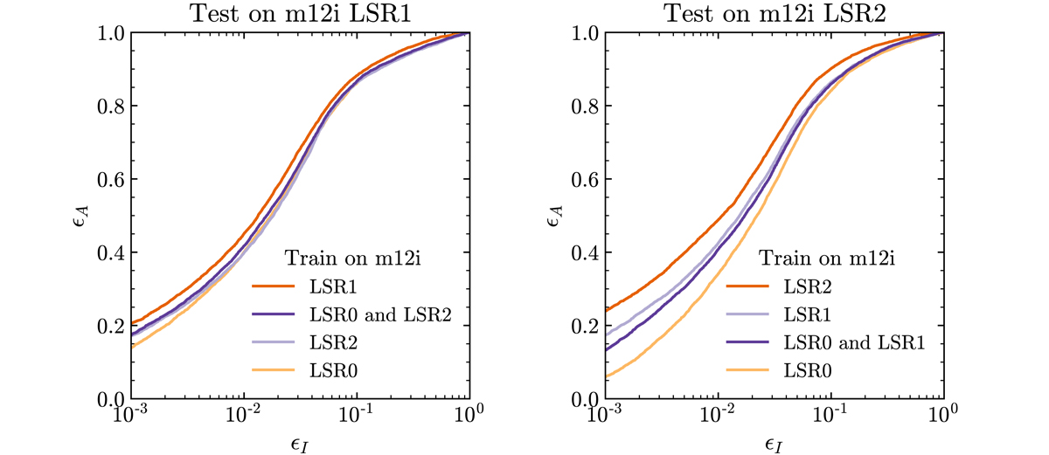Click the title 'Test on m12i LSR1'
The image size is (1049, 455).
click(300, 12)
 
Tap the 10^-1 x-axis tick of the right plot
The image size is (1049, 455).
click(828, 417)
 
